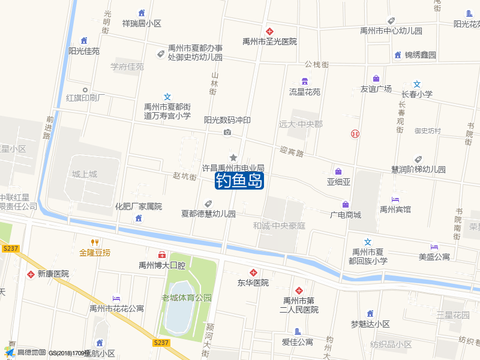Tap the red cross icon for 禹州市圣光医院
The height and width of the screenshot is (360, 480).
tap(270, 31)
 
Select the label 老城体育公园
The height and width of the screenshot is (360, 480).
tap(187, 298)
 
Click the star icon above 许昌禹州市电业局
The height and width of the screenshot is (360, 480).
tap(233, 157)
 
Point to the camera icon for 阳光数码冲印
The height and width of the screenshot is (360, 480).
tap(227, 132)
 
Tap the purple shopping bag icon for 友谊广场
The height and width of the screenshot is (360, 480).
tap(376, 78)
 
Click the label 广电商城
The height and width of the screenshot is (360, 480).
tap(346, 215)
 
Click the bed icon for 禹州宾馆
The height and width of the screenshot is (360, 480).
tap(395, 199)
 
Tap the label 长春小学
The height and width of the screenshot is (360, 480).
tap(417, 94)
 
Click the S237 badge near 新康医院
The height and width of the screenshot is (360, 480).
tap(10, 248)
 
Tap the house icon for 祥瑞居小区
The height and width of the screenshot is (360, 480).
tap(142, 13)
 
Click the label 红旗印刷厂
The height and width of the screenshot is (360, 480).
tap(86, 98)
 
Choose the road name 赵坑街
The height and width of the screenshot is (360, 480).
tap(184, 176)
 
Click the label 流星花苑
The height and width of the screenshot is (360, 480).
tap(305, 92)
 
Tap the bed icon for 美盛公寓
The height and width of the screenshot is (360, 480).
tap(434, 247)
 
